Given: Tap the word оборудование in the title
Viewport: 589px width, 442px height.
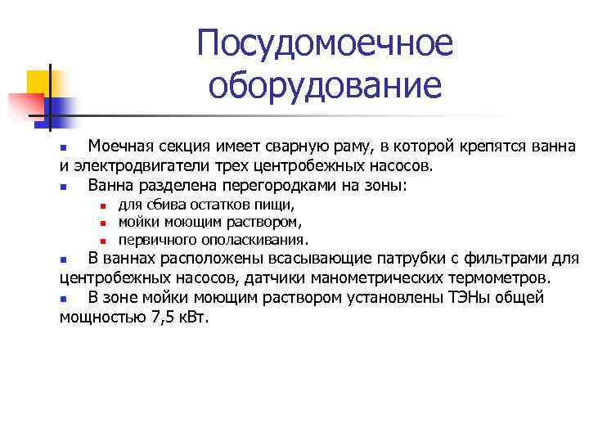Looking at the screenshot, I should pyautogui.click(x=324, y=84).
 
